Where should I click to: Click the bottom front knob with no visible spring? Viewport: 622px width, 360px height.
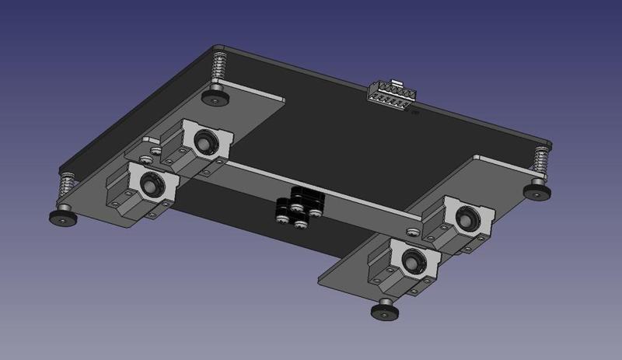pyautogui.click(x=383, y=309)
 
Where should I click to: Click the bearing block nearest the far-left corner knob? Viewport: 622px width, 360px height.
pyautogui.click(x=144, y=190)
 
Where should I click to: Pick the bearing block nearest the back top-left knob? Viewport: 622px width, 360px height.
pyautogui.click(x=201, y=144)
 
